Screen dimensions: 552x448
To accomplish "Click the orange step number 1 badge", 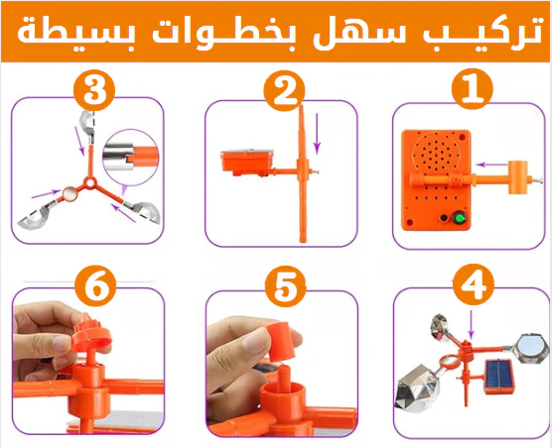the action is pyautogui.click(x=474, y=88).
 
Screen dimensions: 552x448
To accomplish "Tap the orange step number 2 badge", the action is pyautogui.click(x=284, y=90).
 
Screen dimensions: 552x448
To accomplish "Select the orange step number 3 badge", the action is pyautogui.click(x=94, y=90).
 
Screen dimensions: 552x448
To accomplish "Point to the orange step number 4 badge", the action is pyautogui.click(x=474, y=284).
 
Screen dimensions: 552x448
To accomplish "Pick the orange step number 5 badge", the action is pyautogui.click(x=285, y=286).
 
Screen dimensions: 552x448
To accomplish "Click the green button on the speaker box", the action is pyautogui.click(x=459, y=218).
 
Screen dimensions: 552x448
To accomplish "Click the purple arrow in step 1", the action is pyautogui.click(x=491, y=165).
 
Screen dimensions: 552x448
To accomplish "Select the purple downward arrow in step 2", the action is pyautogui.click(x=317, y=134).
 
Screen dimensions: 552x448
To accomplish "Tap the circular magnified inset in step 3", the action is pyautogui.click(x=131, y=157).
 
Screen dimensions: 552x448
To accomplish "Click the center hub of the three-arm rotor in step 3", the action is pyautogui.click(x=89, y=182).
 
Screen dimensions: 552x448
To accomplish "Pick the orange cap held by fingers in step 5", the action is pyautogui.click(x=280, y=341).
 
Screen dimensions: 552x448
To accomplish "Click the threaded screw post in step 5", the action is pyautogui.click(x=285, y=377).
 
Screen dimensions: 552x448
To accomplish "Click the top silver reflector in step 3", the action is pyautogui.click(x=87, y=122).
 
